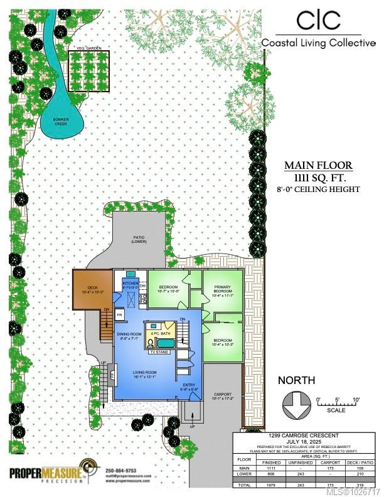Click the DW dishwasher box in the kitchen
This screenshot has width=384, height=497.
point(142,286)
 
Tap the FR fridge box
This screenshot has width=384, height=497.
point(119,316)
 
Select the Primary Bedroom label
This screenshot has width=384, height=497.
point(222,289)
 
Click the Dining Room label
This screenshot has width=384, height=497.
point(127,341)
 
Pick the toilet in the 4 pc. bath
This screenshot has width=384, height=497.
point(151,343)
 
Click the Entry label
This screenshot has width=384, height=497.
point(189,387)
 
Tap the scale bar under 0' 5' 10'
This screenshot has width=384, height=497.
point(338,405)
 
